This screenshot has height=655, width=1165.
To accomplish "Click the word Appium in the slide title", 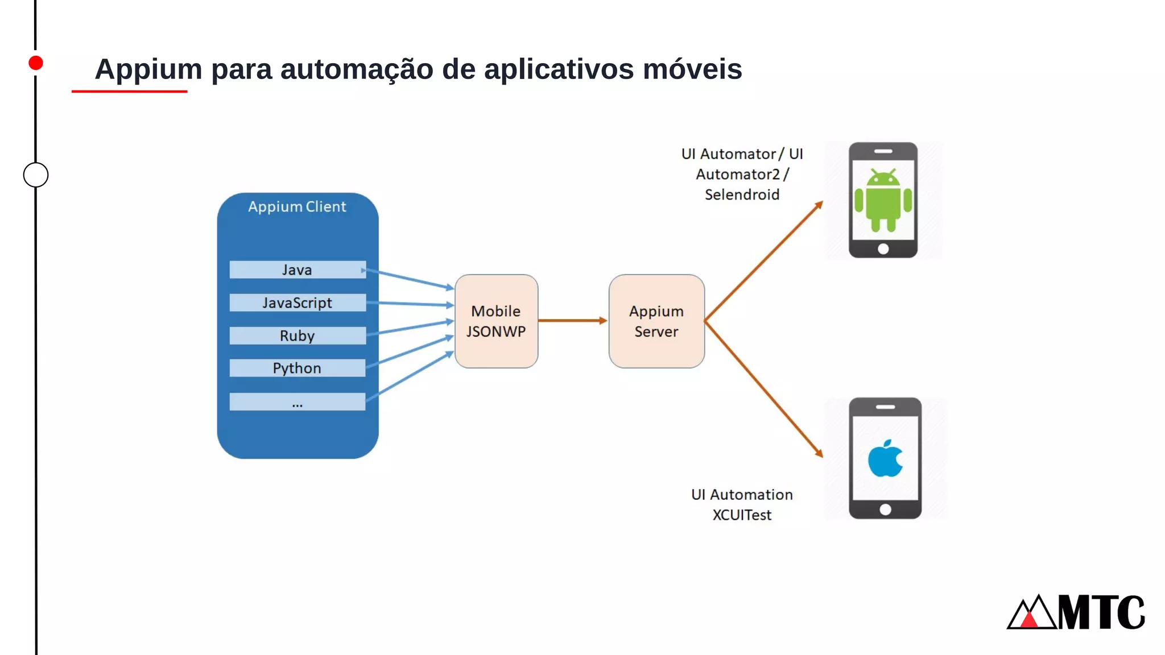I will pyautogui.click(x=148, y=69).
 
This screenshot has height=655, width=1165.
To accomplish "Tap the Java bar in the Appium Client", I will pyautogui.click(x=297, y=270).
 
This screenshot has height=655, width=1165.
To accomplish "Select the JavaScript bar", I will pyautogui.click(x=297, y=302).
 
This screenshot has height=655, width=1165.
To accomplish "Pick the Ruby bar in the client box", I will pyautogui.click(x=297, y=335).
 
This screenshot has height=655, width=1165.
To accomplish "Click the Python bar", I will pyautogui.click(x=297, y=368).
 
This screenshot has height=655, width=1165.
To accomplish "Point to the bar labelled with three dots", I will pyautogui.click(x=297, y=401).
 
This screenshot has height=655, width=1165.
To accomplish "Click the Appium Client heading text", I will pyautogui.click(x=297, y=206).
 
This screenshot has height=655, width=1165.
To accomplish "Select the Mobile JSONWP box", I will pyautogui.click(x=496, y=321).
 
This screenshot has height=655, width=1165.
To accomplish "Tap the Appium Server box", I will pyautogui.click(x=656, y=321).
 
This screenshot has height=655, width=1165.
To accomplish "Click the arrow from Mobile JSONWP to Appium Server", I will pyautogui.click(x=572, y=321).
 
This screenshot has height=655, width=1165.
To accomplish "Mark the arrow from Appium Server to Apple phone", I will pyautogui.click(x=763, y=388).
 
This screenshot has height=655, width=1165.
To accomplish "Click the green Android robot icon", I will pyautogui.click(x=883, y=200).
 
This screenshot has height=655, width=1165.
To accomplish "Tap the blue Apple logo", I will pyautogui.click(x=885, y=458).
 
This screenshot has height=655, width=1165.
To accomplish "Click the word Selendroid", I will pyautogui.click(x=742, y=194).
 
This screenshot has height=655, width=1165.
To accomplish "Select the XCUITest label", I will pyautogui.click(x=742, y=515).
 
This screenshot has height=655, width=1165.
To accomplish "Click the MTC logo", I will pyautogui.click(x=1076, y=612).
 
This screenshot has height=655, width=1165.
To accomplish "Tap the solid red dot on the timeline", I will pyautogui.click(x=36, y=63).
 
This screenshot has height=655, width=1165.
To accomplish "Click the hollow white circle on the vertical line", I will pyautogui.click(x=36, y=175).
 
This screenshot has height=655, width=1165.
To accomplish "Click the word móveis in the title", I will pyautogui.click(x=692, y=69).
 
